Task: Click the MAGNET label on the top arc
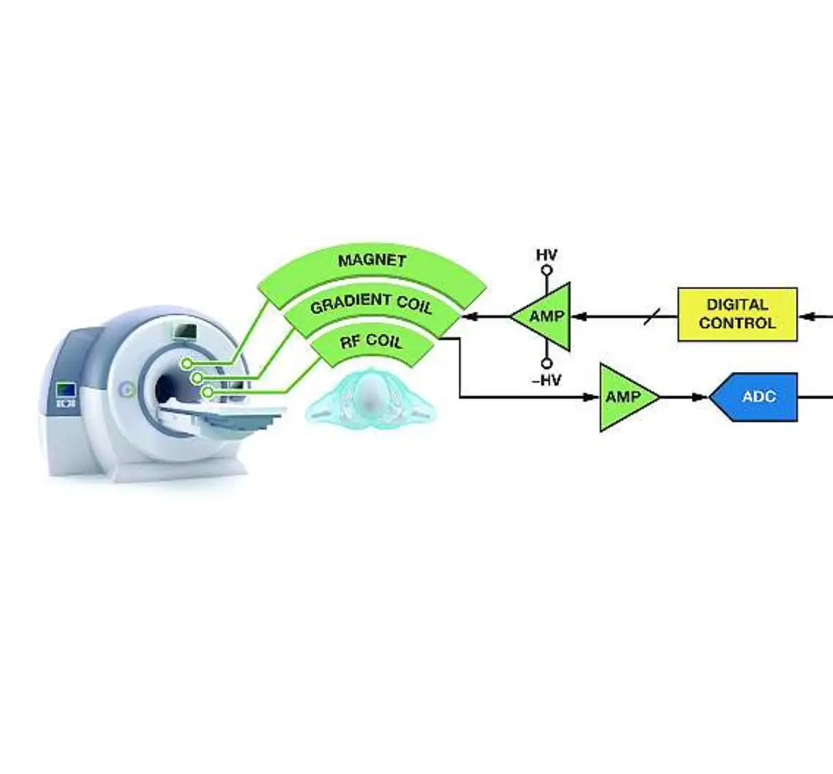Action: (372, 261)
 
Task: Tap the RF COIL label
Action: (371, 341)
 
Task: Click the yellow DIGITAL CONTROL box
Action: (737, 314)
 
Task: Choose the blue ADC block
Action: (754, 397)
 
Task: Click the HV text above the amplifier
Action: (547, 255)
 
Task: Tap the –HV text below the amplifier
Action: (546, 380)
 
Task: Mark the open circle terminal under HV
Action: (547, 271)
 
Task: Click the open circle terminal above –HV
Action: (547, 364)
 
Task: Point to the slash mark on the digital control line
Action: (652, 317)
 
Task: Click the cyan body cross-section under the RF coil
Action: (369, 398)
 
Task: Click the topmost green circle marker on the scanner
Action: (187, 364)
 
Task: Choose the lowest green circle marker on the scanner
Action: (207, 393)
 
